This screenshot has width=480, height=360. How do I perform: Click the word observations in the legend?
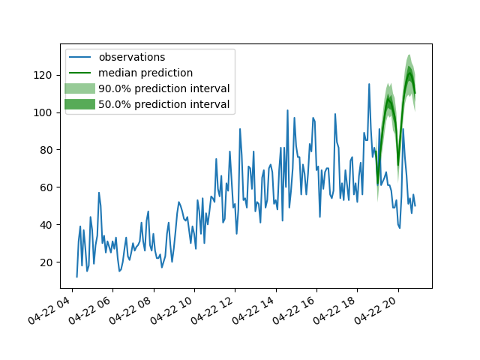(132, 57)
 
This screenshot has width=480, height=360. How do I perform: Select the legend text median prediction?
(145, 73)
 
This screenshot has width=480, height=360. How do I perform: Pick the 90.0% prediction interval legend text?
(164, 88)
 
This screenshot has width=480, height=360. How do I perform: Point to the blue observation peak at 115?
(369, 84)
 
